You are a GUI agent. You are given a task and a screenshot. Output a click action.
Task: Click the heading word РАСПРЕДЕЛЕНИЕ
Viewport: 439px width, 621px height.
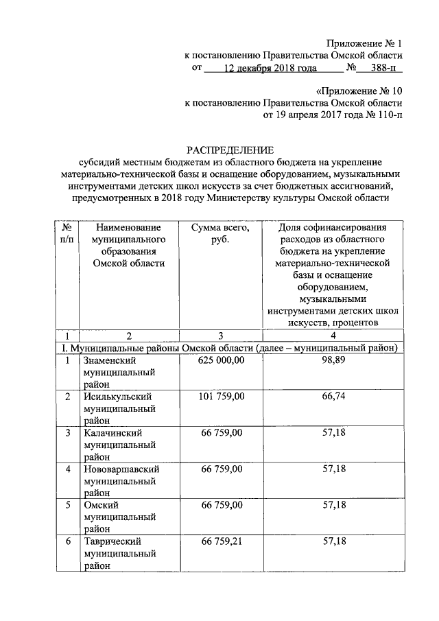click(x=230, y=149)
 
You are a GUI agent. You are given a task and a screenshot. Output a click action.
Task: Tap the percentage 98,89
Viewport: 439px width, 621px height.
click(x=333, y=360)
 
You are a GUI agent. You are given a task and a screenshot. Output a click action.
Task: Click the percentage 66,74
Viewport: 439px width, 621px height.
click(x=333, y=397)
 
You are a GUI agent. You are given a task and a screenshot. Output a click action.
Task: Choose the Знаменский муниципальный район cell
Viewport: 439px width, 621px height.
click(x=118, y=371)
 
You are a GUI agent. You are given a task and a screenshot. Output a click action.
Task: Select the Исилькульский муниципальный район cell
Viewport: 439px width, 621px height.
click(x=118, y=408)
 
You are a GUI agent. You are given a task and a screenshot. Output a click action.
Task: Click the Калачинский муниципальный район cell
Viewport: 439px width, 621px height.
click(x=118, y=444)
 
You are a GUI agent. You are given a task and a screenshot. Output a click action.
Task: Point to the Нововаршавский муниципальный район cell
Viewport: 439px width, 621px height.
click(x=121, y=480)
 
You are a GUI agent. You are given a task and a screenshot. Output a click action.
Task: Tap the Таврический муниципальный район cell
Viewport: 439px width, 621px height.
click(x=118, y=553)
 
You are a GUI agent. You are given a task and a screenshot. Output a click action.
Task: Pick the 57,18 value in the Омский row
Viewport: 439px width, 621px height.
click(x=333, y=506)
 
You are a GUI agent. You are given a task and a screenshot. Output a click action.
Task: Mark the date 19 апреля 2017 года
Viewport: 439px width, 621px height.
click(x=312, y=115)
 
